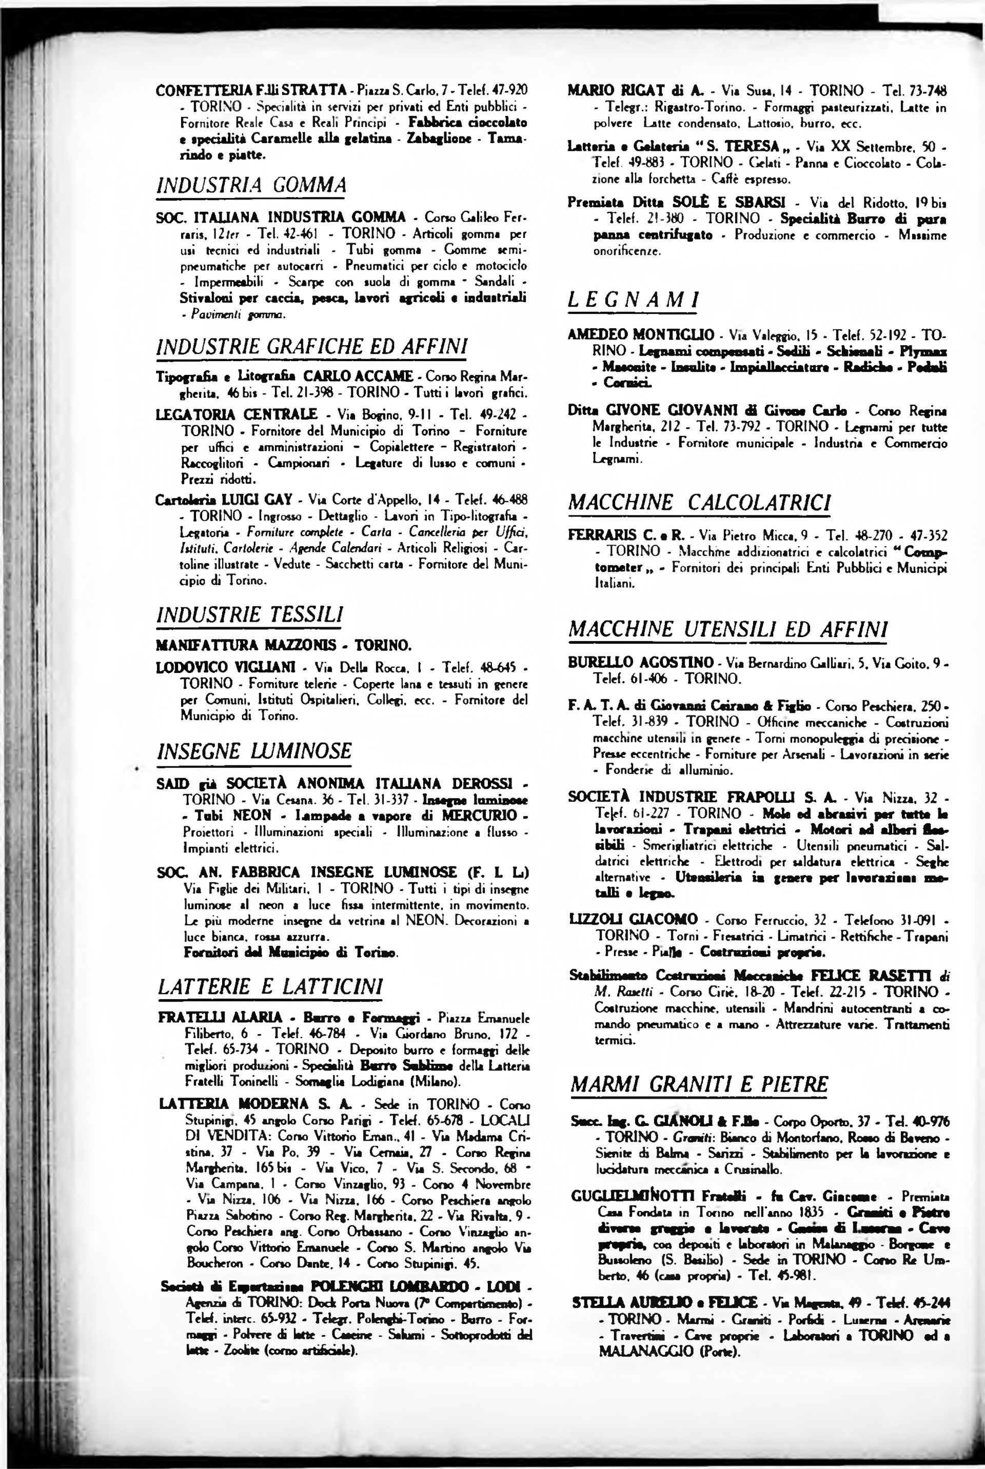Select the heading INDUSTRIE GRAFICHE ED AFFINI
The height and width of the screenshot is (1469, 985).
point(311,347)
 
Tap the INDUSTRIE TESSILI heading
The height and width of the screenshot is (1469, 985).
point(249,614)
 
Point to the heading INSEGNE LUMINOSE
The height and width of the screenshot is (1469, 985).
point(254,751)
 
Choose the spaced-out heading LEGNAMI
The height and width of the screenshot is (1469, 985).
point(633,300)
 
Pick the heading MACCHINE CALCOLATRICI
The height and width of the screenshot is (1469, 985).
point(699,503)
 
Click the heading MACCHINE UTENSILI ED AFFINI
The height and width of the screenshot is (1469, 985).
point(727,629)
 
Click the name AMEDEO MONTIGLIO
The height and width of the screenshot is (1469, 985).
point(641,335)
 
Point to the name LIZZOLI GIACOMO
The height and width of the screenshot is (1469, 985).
point(633,920)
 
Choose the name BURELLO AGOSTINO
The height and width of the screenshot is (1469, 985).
point(641,663)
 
